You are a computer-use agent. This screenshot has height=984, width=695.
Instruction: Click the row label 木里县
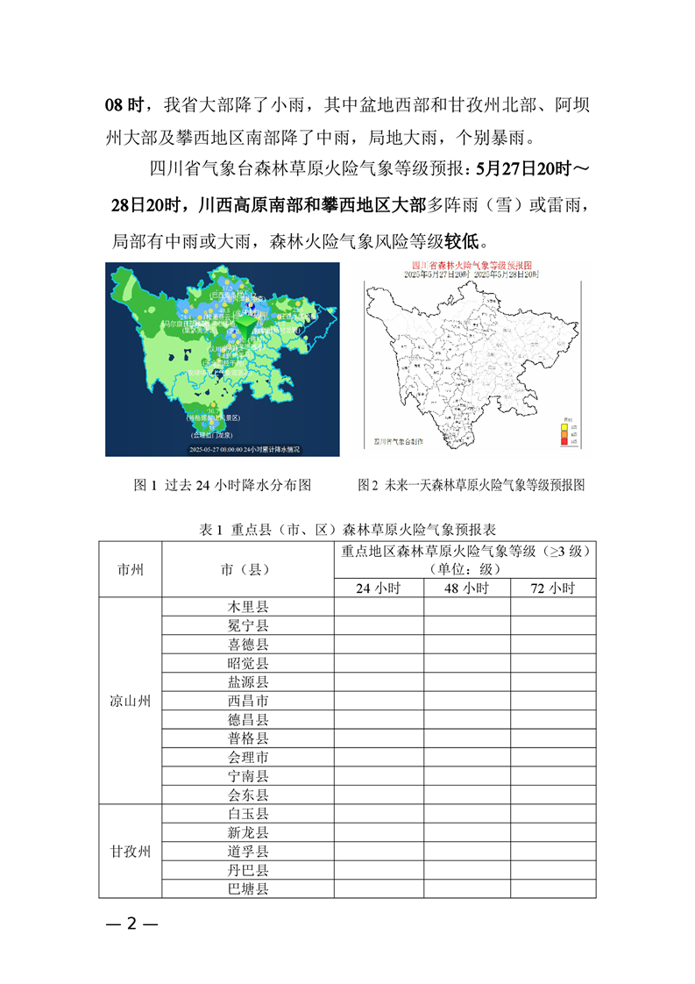(x=248, y=607)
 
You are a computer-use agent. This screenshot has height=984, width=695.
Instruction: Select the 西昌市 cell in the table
(x=248, y=701)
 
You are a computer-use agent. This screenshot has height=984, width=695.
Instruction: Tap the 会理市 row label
(x=248, y=757)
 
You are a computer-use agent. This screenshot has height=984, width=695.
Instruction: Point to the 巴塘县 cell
(x=248, y=888)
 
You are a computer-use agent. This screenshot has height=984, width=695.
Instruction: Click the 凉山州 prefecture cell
(x=131, y=701)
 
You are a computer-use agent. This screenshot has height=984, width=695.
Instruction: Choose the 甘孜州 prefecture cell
(x=131, y=851)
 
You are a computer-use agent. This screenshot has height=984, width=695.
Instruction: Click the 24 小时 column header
(x=378, y=588)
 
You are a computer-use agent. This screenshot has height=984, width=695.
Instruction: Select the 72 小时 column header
(x=552, y=588)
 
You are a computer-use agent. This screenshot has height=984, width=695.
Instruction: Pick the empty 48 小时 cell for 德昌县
(x=466, y=719)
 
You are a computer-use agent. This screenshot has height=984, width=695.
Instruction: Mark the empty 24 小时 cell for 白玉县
(x=378, y=813)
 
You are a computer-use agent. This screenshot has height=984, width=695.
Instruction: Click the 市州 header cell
(x=131, y=569)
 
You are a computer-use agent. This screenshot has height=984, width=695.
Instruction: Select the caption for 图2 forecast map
(x=471, y=485)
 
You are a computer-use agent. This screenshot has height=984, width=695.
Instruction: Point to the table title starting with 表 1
(x=348, y=530)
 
